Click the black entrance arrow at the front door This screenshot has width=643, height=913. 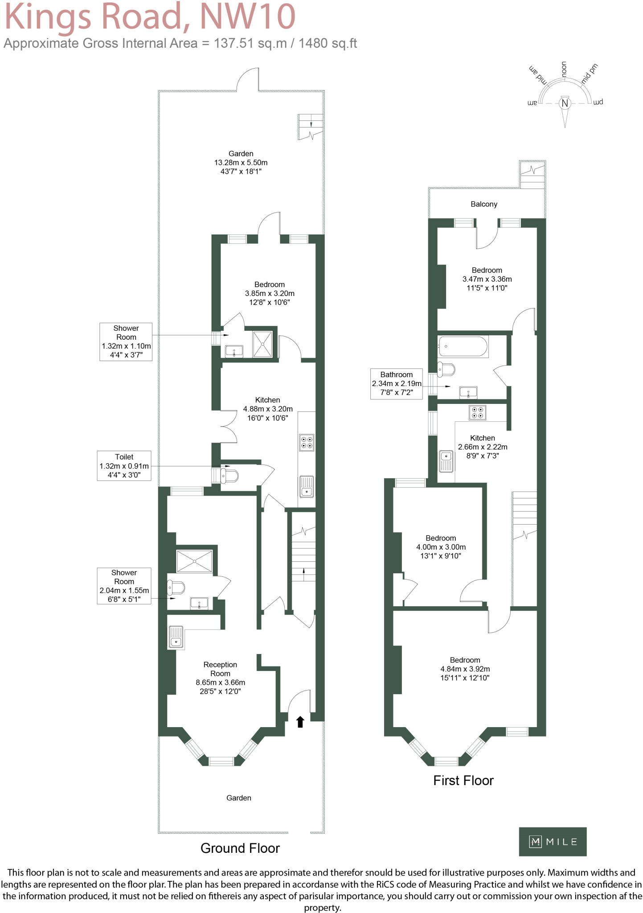pyautogui.click(x=300, y=721)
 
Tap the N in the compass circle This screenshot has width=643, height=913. pyautogui.click(x=565, y=103)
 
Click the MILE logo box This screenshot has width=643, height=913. pyautogui.click(x=552, y=842)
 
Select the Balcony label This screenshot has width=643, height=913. pyautogui.click(x=483, y=204)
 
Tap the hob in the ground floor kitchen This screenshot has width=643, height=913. pyautogui.click(x=307, y=442)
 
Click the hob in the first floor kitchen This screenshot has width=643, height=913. pyautogui.click(x=477, y=412)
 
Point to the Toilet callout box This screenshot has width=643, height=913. pyautogui.click(x=124, y=466)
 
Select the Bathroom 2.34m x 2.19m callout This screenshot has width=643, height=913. pyautogui.click(x=396, y=383)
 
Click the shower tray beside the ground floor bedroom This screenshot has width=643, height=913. pyautogui.click(x=262, y=343)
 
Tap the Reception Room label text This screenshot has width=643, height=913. pyautogui.click(x=220, y=669)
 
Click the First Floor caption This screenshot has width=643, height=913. pyautogui.click(x=463, y=781)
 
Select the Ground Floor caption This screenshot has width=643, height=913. pyautogui.click(x=240, y=848)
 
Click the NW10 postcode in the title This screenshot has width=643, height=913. pyautogui.click(x=247, y=16)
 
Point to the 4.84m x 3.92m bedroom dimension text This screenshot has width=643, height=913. pyautogui.click(x=465, y=669)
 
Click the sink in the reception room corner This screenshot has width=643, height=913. pyautogui.click(x=176, y=637)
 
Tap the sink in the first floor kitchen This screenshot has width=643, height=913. pyautogui.click(x=446, y=461)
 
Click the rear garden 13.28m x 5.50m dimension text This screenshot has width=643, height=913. pyautogui.click(x=241, y=163)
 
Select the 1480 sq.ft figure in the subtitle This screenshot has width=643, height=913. pyautogui.click(x=328, y=43)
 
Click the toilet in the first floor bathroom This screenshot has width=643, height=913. pyautogui.click(x=446, y=370)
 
